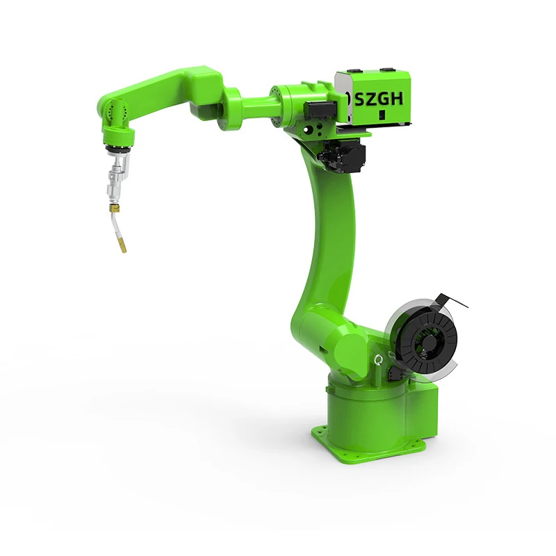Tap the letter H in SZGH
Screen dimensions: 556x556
point(397,99)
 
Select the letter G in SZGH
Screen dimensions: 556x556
point(384,99)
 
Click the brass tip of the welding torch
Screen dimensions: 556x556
point(123,245)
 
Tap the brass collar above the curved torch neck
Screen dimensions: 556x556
point(114,206)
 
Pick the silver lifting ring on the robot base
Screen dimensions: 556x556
point(379,361)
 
